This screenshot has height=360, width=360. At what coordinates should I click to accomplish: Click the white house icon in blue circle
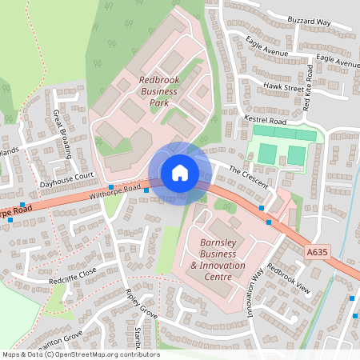[x=179, y=173]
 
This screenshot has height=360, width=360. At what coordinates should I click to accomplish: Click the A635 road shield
[x=317, y=252]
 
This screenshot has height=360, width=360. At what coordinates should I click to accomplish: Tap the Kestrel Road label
[x=265, y=119]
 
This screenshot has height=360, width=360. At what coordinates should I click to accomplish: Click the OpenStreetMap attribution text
[x=80, y=354]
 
